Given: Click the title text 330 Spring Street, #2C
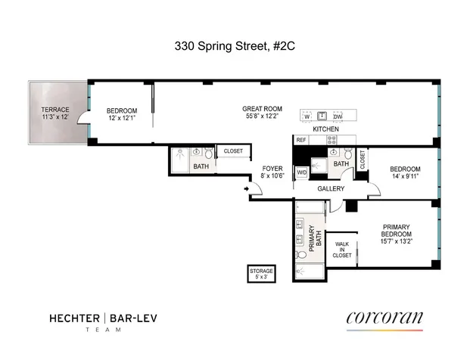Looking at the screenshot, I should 235,46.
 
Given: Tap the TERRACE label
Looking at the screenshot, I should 54,110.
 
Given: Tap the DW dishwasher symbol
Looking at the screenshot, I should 338,116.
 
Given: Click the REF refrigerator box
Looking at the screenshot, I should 301,140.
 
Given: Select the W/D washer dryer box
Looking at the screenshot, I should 301,172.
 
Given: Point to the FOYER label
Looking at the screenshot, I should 272,168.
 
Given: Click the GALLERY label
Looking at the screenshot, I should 331,188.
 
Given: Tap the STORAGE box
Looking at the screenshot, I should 262,273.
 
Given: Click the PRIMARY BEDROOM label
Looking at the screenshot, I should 396,229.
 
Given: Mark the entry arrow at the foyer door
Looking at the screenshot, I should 247,188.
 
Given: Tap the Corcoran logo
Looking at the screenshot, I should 384,318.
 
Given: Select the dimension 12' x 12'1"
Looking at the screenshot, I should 121,117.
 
